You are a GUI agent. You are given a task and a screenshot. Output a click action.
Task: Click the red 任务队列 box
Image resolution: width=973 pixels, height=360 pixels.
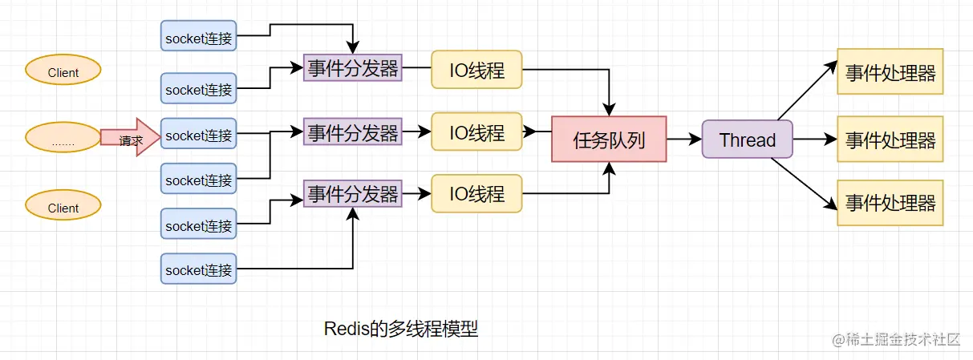tap(609, 140)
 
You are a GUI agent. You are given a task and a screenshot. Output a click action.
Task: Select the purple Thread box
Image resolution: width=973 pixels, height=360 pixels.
tap(747, 140)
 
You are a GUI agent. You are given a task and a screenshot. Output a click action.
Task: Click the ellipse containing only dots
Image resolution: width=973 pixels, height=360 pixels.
tap(63, 138)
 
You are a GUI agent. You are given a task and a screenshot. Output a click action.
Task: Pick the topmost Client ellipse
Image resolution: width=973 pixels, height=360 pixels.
tap(63, 71)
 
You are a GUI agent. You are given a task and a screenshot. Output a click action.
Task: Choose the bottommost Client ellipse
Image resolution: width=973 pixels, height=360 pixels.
tap(63, 207)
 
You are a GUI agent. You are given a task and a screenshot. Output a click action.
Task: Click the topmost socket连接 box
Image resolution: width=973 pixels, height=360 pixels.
tap(199, 38)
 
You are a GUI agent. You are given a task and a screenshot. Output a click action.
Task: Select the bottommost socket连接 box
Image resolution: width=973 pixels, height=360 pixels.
tap(199, 270)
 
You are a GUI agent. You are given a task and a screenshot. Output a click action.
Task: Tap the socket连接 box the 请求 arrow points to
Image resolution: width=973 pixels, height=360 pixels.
tap(199, 136)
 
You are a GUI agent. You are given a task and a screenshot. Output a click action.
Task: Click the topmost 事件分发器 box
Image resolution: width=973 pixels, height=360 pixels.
tap(353, 69)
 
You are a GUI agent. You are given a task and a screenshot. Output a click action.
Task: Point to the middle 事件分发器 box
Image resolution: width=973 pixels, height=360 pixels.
tap(353, 131)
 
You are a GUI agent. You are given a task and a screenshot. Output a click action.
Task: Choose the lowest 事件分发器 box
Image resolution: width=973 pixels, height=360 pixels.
tap(353, 193)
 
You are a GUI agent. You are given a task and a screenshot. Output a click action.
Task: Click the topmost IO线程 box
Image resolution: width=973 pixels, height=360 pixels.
tap(476, 69)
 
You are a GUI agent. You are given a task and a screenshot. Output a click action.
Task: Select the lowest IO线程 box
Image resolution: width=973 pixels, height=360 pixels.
tap(476, 193)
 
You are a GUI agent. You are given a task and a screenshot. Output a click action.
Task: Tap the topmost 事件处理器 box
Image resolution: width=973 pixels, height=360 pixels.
tap(890, 72)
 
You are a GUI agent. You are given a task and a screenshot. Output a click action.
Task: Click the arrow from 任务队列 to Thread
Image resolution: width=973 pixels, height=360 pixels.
tap(683, 140)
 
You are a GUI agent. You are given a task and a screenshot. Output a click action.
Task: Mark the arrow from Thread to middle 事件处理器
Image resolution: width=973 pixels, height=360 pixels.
tap(814, 140)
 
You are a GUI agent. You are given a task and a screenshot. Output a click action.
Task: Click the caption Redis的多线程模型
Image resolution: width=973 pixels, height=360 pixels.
tap(401, 329)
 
